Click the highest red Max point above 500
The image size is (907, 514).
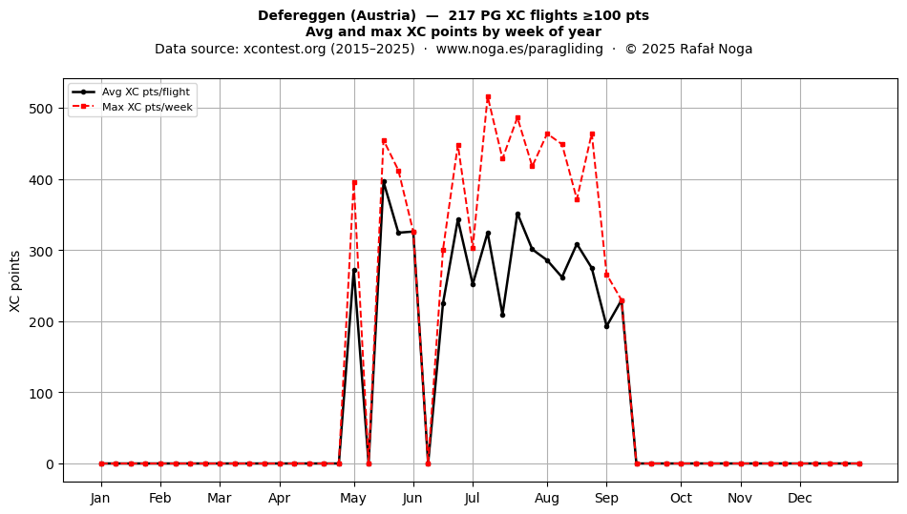pos(488,97)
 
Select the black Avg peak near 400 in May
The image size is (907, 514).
pos(384,182)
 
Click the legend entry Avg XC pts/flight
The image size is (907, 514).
pos(146,92)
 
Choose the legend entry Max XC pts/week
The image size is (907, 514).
pos(147,107)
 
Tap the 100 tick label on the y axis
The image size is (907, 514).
pos(40,393)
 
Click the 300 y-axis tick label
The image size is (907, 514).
pos(40,251)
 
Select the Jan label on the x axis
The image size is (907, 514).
pos(100,498)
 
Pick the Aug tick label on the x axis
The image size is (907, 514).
pos(547,498)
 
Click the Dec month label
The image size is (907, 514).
pos(801,498)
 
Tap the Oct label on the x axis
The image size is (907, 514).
pos(681,498)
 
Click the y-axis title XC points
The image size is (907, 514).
pos(15,281)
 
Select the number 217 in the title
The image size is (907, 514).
pos(460,15)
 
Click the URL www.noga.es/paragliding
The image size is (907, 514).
pos(519,49)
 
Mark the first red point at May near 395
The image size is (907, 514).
pos(354,182)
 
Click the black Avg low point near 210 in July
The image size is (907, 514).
pos(502,315)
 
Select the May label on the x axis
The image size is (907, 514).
pos(353,498)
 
